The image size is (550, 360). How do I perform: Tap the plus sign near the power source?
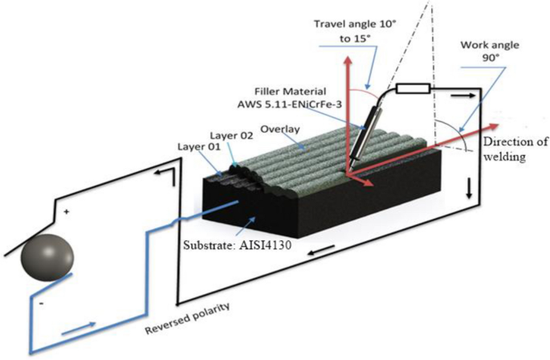click(66, 212)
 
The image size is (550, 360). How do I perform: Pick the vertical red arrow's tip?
click(348, 62)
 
